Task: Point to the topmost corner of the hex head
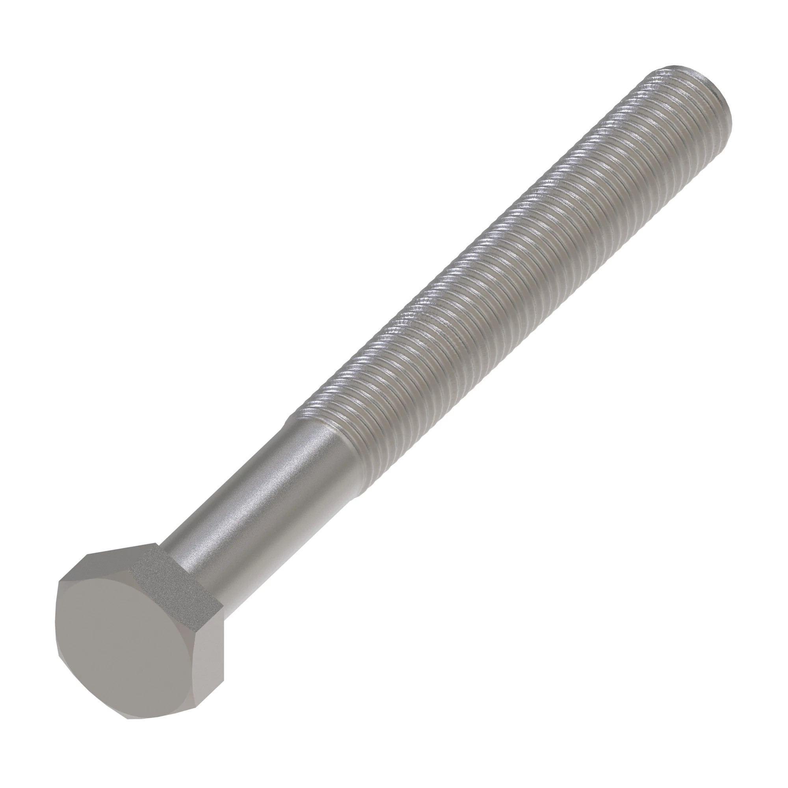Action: pos(157,545)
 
